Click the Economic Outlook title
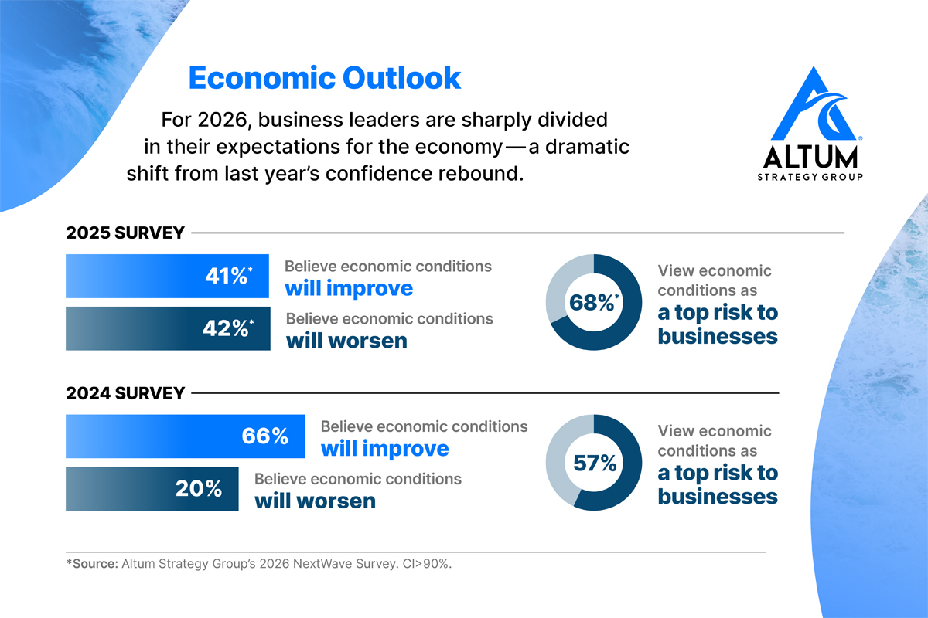pos(325,78)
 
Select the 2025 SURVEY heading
pos(125,233)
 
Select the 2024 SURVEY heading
pos(125,393)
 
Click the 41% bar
pos(167,276)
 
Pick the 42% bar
pos(168,328)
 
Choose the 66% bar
pos(185,436)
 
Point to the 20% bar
pos(152,489)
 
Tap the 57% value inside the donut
pos(595,463)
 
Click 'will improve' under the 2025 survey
pos(349,288)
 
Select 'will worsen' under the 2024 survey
pos(315,501)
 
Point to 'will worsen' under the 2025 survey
pos(346,340)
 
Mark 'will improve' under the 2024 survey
pos(384,449)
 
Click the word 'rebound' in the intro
pos(480,173)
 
